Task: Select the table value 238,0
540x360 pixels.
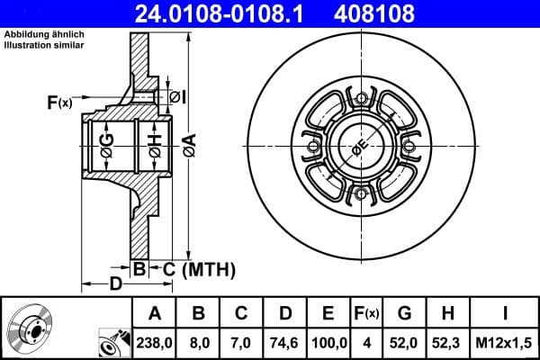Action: tap(155, 342)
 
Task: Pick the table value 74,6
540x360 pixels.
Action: tap(285, 342)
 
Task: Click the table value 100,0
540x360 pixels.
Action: tap(328, 342)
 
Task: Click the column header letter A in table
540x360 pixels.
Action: tap(155, 314)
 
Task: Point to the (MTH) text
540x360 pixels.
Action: tap(208, 269)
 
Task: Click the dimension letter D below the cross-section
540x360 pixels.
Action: tap(115, 285)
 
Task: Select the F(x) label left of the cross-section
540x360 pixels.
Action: tap(58, 103)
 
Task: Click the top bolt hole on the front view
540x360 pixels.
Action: tap(362, 98)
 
